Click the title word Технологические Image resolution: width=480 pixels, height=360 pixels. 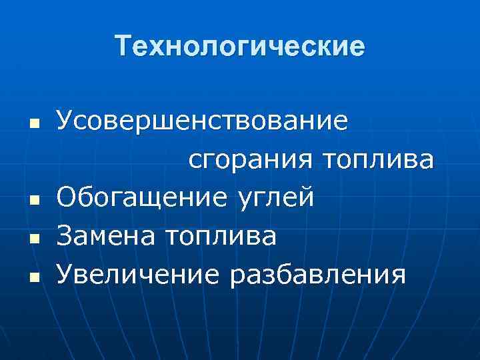pyautogui.click(x=240, y=47)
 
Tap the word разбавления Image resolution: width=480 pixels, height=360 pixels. pyautogui.click(x=317, y=273)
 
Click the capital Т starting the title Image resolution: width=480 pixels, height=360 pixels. pyautogui.click(x=123, y=47)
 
